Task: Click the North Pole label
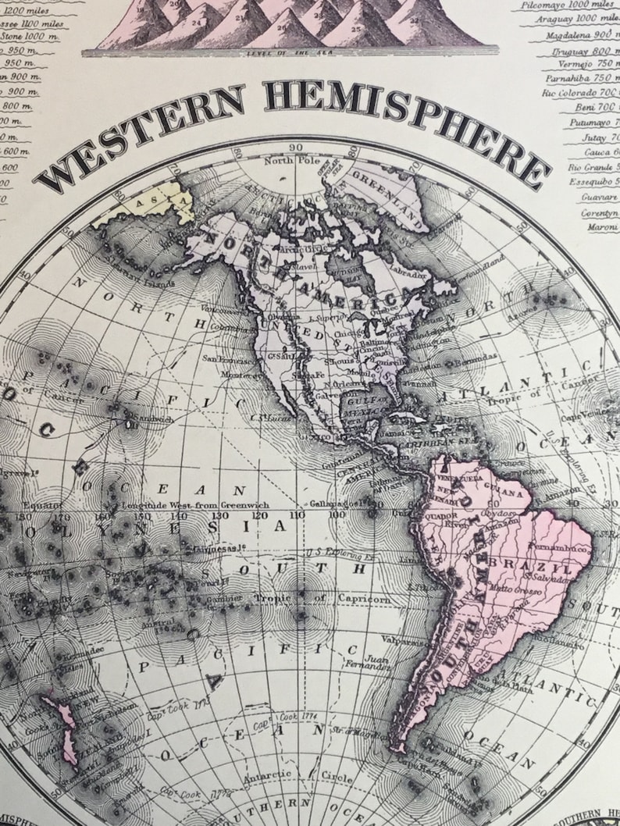[x=287, y=162]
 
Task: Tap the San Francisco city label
[x=225, y=359]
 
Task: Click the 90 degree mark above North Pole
[x=295, y=147]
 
